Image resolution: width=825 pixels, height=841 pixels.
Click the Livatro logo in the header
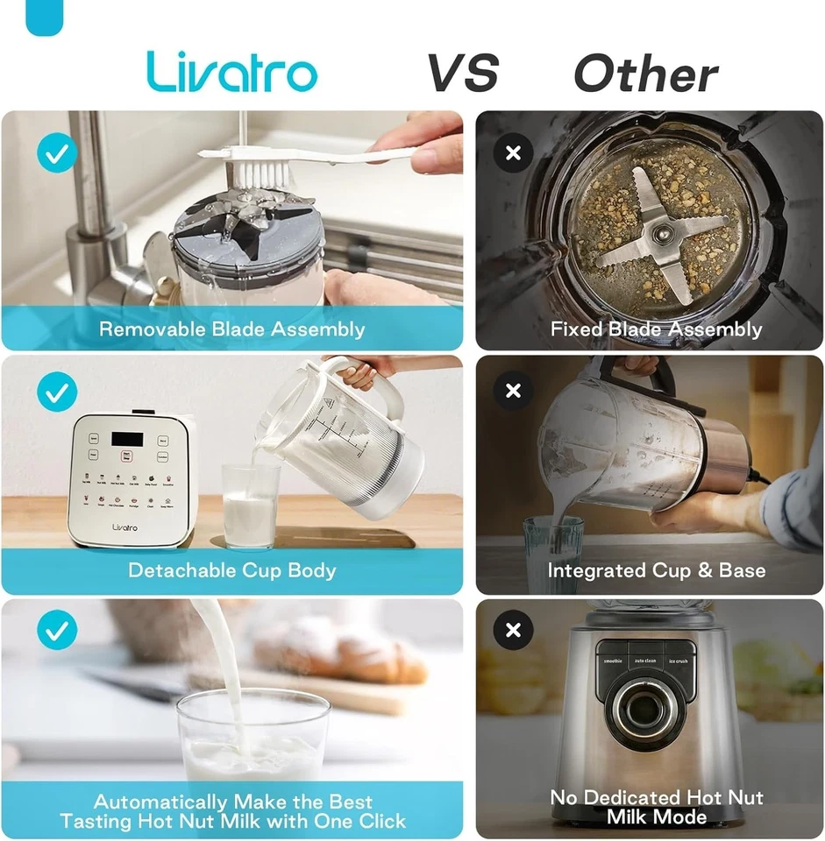point(232,72)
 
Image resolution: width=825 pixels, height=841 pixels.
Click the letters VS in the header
point(462,73)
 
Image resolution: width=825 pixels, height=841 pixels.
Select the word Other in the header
point(646,74)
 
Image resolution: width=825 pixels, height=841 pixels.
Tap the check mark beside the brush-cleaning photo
point(57,152)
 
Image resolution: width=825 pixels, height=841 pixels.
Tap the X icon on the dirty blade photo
point(514,153)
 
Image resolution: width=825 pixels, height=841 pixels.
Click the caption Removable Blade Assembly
point(232,329)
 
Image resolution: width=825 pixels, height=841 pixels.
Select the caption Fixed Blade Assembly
point(656,329)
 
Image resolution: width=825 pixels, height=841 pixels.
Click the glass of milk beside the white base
point(251,506)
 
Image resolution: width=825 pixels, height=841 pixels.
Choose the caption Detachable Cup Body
point(232,570)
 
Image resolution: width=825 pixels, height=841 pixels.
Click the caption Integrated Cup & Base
point(656,570)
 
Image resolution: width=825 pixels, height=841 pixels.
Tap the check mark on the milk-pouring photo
point(57,630)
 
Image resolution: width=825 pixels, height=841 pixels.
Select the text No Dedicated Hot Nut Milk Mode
point(656,807)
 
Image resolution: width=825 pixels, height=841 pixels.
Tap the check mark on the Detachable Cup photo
point(57,392)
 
